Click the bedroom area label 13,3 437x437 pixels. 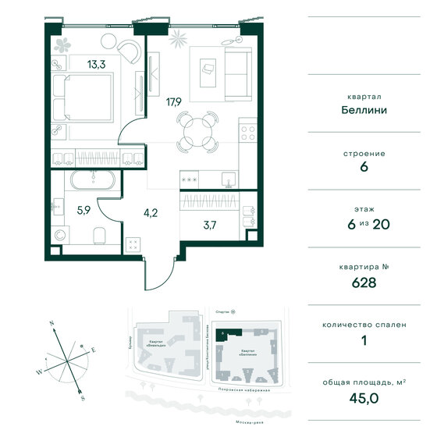pyautogui.click(x=76, y=65)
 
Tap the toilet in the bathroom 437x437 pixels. pyautogui.click(x=96, y=236)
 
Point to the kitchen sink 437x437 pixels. pyautogui.click(x=226, y=179)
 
